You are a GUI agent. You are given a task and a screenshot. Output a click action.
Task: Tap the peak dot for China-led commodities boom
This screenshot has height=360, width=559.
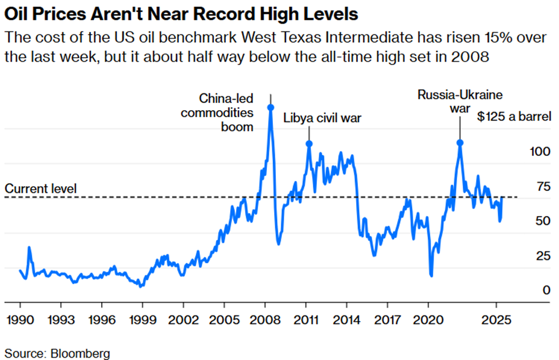(x=271, y=107)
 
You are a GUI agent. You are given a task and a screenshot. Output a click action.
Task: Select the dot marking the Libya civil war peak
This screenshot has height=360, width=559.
(x=309, y=143)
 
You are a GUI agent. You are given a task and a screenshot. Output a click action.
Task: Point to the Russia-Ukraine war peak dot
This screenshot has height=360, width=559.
(x=460, y=143)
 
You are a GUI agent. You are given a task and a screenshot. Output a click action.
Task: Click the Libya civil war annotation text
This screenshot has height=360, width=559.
(x=322, y=118)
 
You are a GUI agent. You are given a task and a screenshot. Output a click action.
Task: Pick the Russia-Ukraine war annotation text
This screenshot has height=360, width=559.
(x=460, y=101)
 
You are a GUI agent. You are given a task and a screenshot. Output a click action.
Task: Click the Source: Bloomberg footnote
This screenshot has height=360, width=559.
(x=57, y=352)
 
